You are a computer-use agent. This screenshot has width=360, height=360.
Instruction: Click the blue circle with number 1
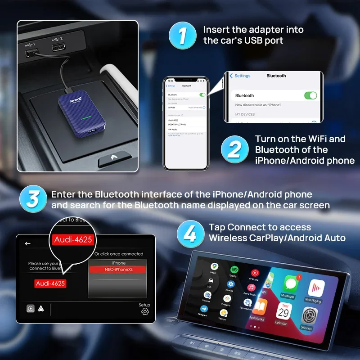pos(183,35)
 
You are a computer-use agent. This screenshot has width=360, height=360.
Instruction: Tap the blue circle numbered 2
pos(234,149)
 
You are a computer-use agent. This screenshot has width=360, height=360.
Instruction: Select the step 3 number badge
pos(33,199)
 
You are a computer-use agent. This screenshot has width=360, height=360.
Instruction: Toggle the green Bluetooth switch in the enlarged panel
pos(310,95)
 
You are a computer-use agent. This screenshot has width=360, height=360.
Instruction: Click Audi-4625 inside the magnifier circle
pos(72,239)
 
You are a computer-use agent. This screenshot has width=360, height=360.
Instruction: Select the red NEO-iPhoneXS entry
pos(117,269)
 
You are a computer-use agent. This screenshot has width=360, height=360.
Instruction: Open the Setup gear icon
pos(144,311)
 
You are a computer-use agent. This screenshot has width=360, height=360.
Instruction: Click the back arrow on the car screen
pos(28,243)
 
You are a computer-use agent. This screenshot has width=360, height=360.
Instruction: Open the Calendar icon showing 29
pos(283,312)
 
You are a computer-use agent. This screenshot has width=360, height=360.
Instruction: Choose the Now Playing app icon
pos(316,289)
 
